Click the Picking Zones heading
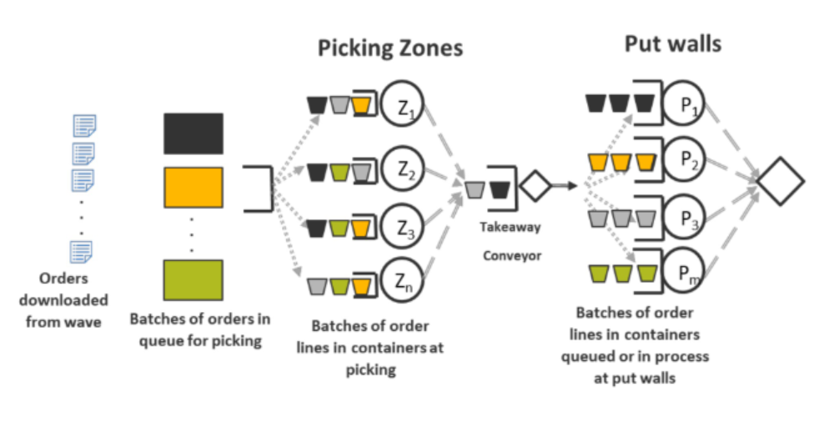[389, 48]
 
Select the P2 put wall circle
[685, 161]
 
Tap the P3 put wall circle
[685, 219]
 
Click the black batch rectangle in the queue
[193, 133]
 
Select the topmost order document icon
[83, 126]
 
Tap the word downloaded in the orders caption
[64, 299]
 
